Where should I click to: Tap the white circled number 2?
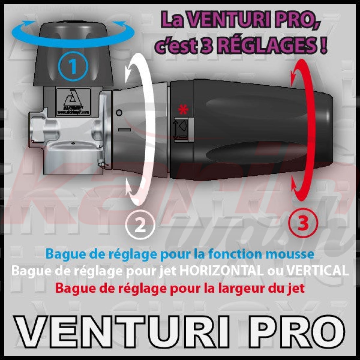[x=140, y=225]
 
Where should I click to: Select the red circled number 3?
[x=303, y=224]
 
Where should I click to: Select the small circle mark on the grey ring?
[x=119, y=113]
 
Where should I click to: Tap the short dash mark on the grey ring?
[x=124, y=130]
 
